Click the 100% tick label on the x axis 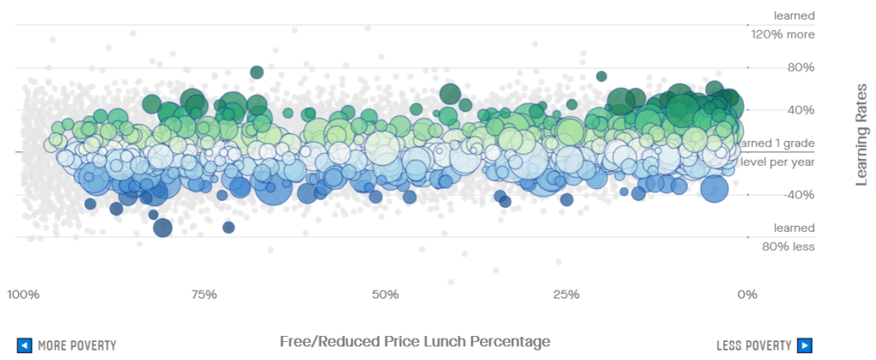[23, 295]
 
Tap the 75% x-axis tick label [204, 295]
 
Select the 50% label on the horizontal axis [385, 295]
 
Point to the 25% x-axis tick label [566, 295]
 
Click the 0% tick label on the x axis [747, 295]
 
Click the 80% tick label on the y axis [794, 68]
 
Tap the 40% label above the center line [794, 110]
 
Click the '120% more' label [794, 34]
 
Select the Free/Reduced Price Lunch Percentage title [415, 341]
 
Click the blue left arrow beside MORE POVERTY [25, 345]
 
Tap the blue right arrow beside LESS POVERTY [804, 345]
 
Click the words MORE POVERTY [77, 345]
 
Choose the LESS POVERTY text [754, 345]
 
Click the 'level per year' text [777, 162]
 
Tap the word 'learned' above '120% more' [794, 15]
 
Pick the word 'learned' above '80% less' [794, 228]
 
